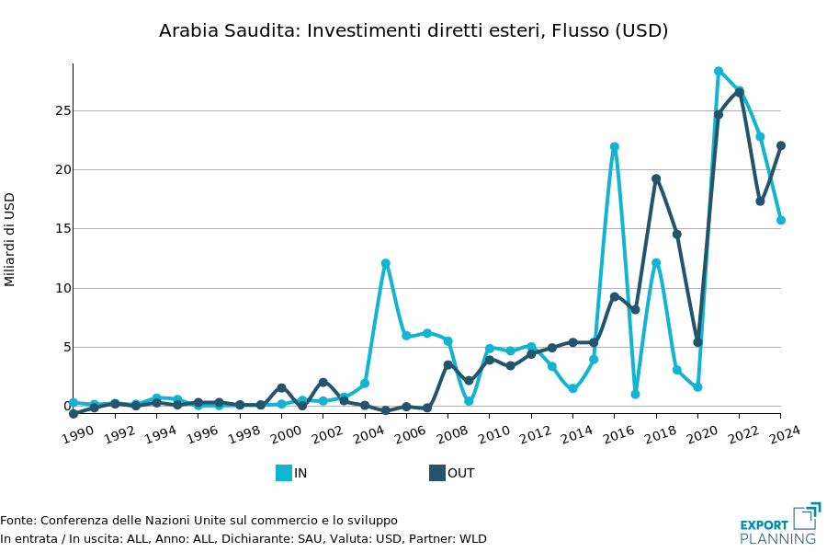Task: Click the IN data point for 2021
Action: coord(719,71)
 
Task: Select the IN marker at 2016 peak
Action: coord(615,146)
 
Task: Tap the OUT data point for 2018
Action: coord(656,178)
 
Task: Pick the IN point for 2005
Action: coord(386,263)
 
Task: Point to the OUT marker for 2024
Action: coord(781,145)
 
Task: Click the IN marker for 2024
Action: coord(781,220)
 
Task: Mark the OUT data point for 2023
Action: coord(760,201)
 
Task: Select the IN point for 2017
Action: coord(635,394)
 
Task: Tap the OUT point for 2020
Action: coord(697,342)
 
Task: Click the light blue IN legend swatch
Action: coord(284,473)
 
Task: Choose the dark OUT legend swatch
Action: coord(437,473)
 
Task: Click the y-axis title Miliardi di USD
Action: coord(10,239)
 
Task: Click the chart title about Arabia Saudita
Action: coord(413,30)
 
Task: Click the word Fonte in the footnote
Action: coord(17,521)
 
